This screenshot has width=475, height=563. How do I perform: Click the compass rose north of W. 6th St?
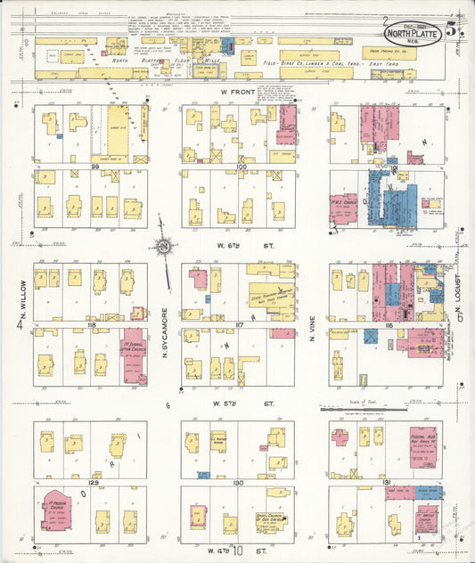coord(165,245)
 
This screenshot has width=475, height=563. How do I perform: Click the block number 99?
coord(93,166)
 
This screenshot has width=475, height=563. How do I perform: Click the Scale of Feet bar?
coord(383,409)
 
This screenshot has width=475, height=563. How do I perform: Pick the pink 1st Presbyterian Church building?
coord(56,510)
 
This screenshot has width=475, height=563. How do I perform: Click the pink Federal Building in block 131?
coord(423,445)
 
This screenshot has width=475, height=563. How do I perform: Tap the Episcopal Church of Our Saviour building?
coord(270,521)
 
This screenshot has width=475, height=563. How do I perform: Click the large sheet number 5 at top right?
coord(453,30)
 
